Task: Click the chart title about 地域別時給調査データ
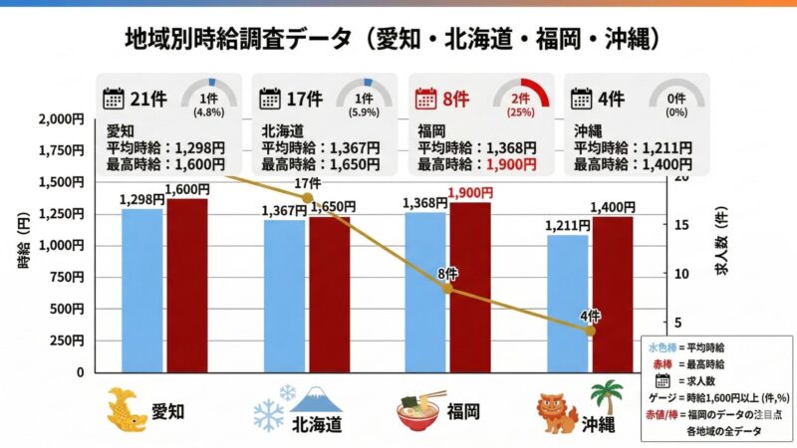[x=398, y=39]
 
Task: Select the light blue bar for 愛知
[x=141, y=290]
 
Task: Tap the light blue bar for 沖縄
[x=568, y=303]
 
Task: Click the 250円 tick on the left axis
[x=69, y=340]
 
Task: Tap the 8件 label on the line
[x=445, y=273]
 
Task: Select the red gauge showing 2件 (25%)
[x=521, y=97]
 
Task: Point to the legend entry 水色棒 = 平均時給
[x=686, y=347]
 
